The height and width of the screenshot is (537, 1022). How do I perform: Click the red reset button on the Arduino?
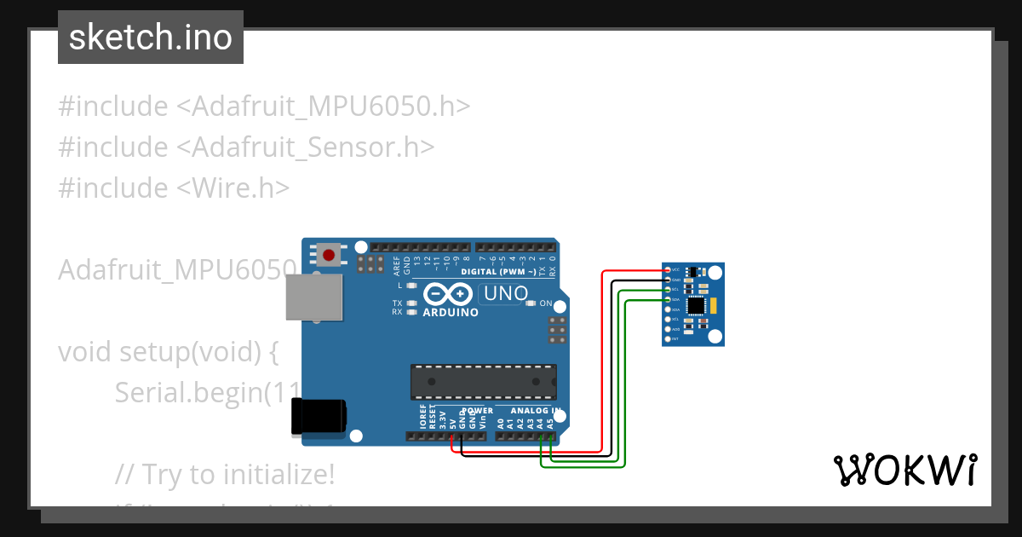(x=330, y=253)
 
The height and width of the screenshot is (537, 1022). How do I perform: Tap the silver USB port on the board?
(x=313, y=297)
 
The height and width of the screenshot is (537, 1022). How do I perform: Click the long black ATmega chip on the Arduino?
(x=483, y=382)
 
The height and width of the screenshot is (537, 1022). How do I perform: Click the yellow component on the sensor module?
(x=714, y=305)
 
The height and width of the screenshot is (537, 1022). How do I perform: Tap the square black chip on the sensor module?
(x=697, y=304)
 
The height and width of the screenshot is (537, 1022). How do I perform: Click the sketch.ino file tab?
(x=151, y=38)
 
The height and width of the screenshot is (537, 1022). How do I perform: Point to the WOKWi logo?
(x=904, y=470)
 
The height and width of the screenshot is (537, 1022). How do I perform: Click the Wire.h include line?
(x=174, y=188)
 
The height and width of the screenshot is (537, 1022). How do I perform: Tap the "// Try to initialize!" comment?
(x=225, y=474)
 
